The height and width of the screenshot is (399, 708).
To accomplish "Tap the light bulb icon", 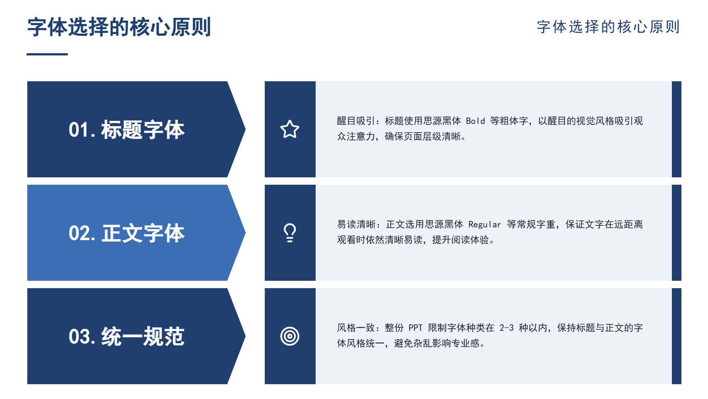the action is tap(290, 233).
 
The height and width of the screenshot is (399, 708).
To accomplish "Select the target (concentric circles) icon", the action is tap(290, 336).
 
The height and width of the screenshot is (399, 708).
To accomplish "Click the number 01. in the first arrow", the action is tap(82, 130).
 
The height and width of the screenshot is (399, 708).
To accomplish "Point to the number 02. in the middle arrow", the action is tap(82, 233).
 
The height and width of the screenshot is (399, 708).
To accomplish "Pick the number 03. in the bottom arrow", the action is tap(82, 337).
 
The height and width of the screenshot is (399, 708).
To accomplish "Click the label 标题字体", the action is tap(143, 130).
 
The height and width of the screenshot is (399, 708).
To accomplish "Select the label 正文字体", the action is tap(143, 233).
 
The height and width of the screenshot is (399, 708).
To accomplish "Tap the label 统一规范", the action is tap(143, 337).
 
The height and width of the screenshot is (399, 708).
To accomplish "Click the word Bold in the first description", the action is tap(475, 121).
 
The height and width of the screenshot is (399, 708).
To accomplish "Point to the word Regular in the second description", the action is tap(485, 225).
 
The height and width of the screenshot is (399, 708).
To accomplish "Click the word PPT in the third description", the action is tap(415, 328).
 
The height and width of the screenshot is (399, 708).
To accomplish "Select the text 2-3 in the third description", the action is tap(506, 328).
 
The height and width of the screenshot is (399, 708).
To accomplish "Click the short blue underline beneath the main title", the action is tap(47, 54).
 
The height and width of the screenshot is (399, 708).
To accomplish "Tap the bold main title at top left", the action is tap(119, 27).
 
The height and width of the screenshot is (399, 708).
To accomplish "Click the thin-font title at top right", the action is tap(608, 27).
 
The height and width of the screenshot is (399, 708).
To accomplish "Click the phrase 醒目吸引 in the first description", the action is tap(356, 121).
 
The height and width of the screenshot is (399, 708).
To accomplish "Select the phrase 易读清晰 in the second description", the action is tap(356, 225).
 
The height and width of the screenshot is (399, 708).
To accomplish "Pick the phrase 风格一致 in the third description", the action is tap(356, 328).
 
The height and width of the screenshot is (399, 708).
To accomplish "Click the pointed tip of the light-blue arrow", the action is tap(245, 233).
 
